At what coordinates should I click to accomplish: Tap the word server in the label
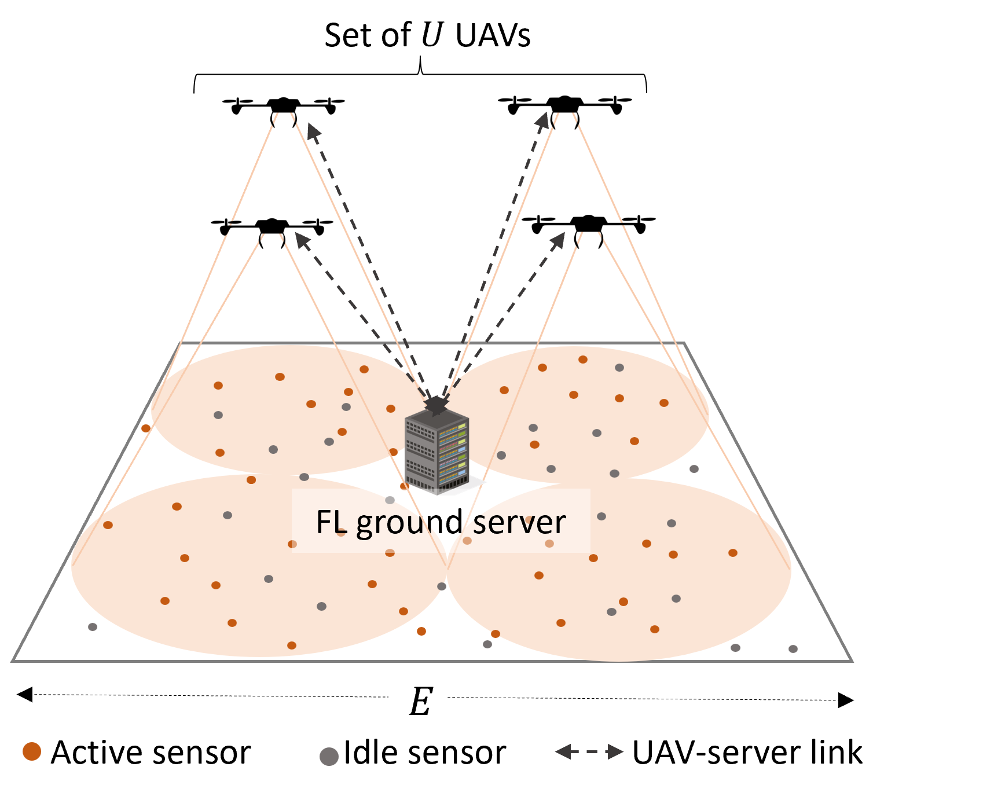pos(519,523)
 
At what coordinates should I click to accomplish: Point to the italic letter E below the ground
pos(420,702)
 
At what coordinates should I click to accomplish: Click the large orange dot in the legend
pos(32,751)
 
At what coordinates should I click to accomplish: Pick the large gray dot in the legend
pos(329,756)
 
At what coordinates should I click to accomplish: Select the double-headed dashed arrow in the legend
pos(589,751)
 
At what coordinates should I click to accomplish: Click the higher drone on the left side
pos(284,107)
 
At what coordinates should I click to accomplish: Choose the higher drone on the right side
pos(564,105)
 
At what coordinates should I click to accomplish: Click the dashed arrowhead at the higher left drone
pos(313,130)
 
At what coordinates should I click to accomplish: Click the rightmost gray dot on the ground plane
pos(793,649)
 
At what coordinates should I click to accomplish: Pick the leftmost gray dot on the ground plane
pos(93,627)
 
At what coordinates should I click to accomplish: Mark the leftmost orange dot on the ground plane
pos(108,525)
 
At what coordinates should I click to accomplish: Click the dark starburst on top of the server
pos(436,405)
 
